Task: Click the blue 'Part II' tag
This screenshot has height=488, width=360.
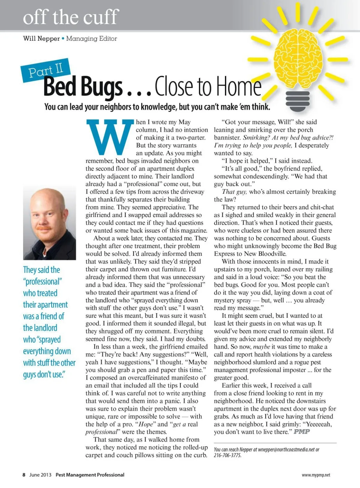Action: (45, 70)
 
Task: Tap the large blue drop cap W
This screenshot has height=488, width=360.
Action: (110, 137)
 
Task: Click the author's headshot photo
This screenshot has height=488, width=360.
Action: (49, 222)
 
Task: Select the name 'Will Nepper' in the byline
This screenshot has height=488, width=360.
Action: (41, 39)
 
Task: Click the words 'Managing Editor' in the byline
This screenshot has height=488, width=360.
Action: (91, 39)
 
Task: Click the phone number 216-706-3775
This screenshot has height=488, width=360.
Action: (227, 455)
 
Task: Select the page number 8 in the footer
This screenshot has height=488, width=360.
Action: (24, 475)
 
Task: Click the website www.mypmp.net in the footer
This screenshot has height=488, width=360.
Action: (316, 475)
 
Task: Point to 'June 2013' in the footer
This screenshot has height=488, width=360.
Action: (40, 475)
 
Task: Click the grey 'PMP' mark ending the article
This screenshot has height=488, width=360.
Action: (301, 432)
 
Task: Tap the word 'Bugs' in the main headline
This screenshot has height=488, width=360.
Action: (102, 86)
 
